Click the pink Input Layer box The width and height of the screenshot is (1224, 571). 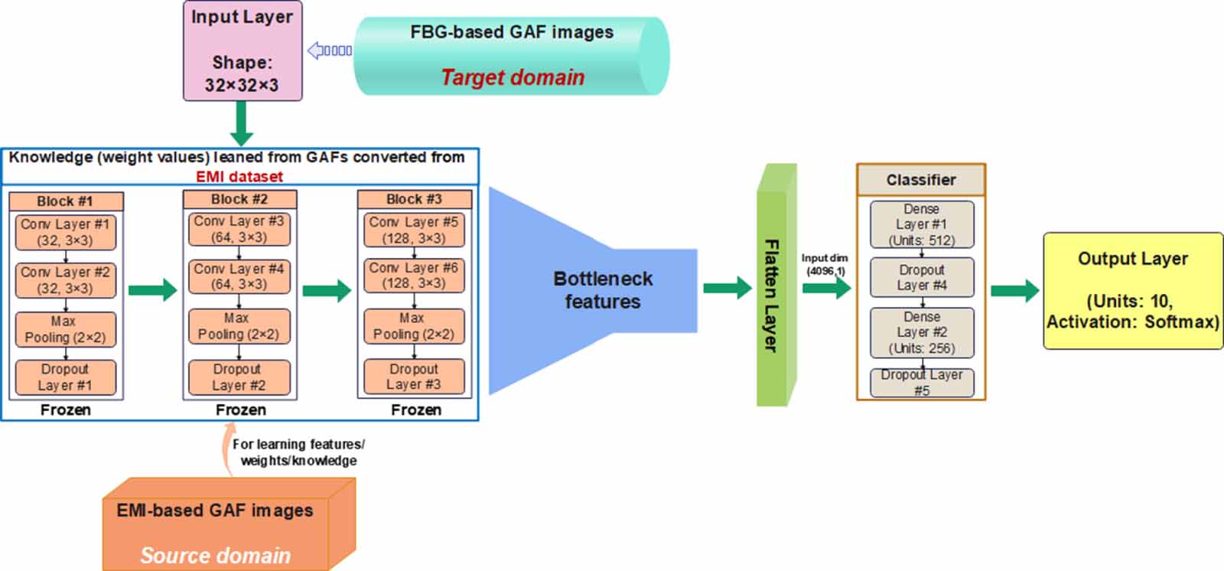(x=243, y=51)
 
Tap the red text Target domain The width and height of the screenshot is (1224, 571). (x=513, y=77)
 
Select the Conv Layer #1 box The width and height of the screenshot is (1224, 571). (x=66, y=232)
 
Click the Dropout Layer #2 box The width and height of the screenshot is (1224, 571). (x=239, y=377)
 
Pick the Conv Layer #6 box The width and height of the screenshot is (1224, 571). (x=414, y=276)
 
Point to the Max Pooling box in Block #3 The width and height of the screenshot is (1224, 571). (x=414, y=326)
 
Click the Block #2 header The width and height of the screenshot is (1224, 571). (x=239, y=199)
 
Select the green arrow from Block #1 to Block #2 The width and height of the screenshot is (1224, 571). (x=152, y=290)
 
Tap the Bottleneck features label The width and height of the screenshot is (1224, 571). (x=603, y=290)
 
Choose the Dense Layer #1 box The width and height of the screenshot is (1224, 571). (x=922, y=224)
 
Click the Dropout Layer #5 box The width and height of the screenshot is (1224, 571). (x=922, y=383)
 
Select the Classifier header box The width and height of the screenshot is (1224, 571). (x=921, y=180)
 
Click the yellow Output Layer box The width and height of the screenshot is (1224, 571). (x=1133, y=291)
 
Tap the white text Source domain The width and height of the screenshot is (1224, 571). (x=216, y=555)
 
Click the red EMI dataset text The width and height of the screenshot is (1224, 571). (x=239, y=176)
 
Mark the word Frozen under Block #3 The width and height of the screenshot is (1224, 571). (x=415, y=410)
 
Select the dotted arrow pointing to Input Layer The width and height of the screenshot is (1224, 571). (x=329, y=51)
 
